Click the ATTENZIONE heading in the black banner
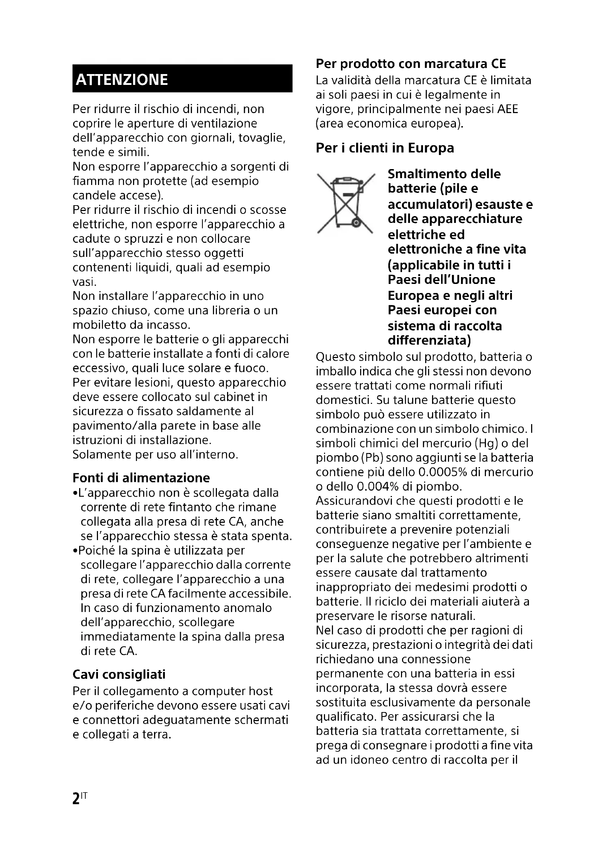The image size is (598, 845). pyautogui.click(x=122, y=79)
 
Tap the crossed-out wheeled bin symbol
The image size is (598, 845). pyautogui.click(x=346, y=203)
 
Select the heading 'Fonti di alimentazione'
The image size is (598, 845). pyautogui.click(x=141, y=478)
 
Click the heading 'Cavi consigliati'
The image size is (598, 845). pyautogui.click(x=119, y=674)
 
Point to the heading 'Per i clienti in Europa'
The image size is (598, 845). pyautogui.click(x=385, y=148)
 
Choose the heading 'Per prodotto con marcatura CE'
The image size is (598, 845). pyautogui.click(x=411, y=64)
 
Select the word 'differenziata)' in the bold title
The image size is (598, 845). pyautogui.click(x=430, y=340)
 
